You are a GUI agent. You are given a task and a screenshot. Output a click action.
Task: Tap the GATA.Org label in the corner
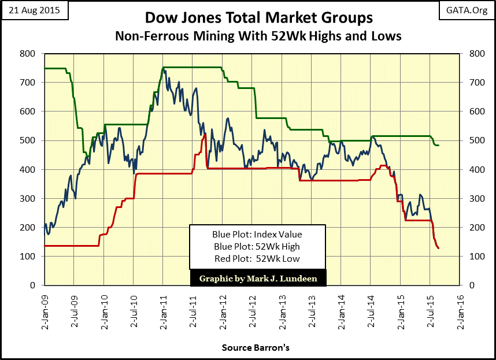point(468,11)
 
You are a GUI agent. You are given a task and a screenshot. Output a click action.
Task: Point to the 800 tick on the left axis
point(28,54)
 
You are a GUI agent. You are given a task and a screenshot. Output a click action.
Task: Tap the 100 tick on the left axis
point(28,256)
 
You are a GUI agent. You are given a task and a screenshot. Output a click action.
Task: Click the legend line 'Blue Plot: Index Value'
point(258,235)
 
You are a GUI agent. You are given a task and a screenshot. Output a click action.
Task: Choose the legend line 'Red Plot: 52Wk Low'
point(258,258)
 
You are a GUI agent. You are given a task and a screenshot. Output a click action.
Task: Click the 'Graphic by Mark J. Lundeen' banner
point(258,278)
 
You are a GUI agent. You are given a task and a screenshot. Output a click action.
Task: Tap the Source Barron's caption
point(256,348)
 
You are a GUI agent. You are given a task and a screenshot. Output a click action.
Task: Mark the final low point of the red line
point(439,248)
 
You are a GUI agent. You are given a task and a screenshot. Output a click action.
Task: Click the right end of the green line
point(439,145)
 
